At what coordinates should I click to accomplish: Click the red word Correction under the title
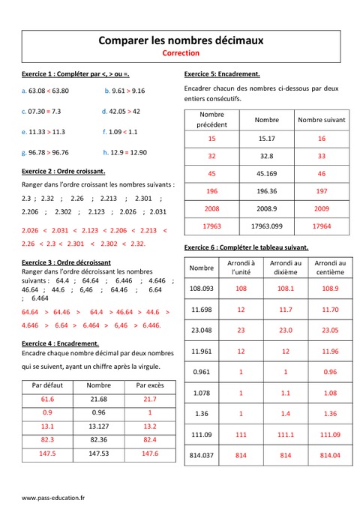tap(180, 54)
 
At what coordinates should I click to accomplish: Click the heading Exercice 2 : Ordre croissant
tap(64, 171)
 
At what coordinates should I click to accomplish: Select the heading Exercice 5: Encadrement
tap(222, 73)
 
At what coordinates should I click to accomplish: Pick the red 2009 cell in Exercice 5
tap(322, 206)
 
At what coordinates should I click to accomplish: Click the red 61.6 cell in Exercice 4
tap(48, 400)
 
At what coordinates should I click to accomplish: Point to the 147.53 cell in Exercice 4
tap(98, 454)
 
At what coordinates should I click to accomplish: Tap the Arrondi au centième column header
tap(330, 268)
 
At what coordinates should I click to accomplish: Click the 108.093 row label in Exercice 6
tap(202, 288)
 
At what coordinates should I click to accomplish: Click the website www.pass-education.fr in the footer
tap(53, 497)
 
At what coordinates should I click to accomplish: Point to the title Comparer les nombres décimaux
tap(181, 40)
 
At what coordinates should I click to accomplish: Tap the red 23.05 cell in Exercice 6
tap(330, 330)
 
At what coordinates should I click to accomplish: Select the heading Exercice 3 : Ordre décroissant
tap(66, 262)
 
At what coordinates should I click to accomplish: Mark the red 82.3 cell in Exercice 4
tap(48, 440)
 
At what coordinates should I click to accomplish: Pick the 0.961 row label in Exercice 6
tap(202, 372)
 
